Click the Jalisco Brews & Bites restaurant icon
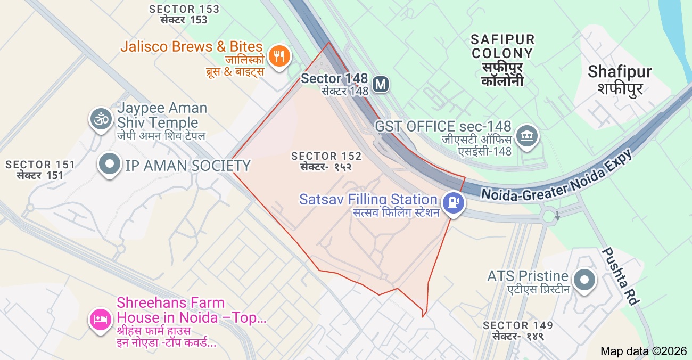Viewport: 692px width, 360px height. (278, 55)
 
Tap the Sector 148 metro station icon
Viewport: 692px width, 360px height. (380, 84)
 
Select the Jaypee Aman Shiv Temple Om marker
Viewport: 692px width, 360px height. (100, 118)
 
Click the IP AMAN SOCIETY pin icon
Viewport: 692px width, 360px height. (110, 165)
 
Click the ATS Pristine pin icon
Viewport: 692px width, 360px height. (584, 279)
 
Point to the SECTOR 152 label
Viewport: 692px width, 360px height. (326, 156)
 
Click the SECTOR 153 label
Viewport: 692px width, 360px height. (184, 9)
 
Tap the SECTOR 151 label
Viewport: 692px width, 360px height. (40, 165)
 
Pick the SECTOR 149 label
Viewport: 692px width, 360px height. (517, 325)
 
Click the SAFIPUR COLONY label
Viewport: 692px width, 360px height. (502, 47)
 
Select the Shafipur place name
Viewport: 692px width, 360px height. (620, 72)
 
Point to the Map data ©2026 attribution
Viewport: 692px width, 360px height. (643, 351)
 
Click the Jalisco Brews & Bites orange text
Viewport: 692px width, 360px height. (192, 46)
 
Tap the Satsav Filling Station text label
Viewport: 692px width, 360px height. (368, 200)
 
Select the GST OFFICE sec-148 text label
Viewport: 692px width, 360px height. (443, 127)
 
